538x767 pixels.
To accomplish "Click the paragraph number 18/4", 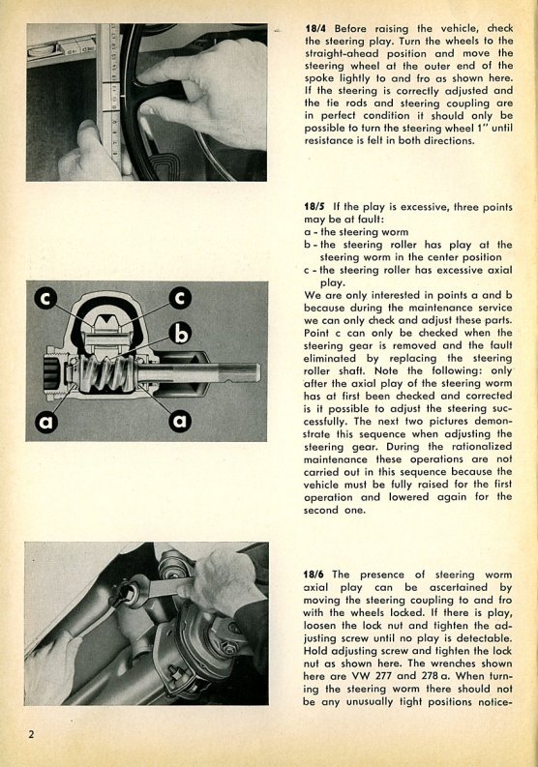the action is [316, 28].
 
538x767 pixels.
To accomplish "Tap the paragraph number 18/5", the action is [314, 206].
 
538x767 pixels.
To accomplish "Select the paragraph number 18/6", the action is [314, 575].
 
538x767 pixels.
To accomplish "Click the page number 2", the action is [31, 734].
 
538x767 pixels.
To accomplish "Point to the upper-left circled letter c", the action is [45, 299].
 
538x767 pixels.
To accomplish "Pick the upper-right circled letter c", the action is [180, 298].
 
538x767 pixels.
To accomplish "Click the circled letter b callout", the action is [182, 334].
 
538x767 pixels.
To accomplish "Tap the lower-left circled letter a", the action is [46, 421].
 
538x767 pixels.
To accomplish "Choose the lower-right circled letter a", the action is [180, 420].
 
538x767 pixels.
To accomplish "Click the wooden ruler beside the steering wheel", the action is [110, 98].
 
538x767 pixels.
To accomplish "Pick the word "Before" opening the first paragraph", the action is [351, 28].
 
